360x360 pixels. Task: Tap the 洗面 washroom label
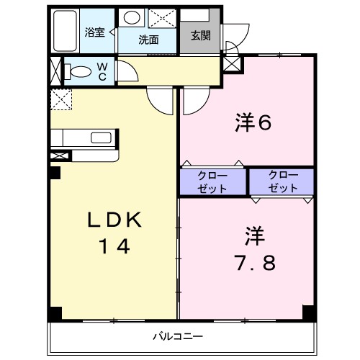[149, 40]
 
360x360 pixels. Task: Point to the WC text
[102, 71]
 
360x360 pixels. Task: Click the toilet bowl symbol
[79, 71]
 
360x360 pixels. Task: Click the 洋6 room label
[252, 123]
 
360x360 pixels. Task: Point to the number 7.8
[254, 262]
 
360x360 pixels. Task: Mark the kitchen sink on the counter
[99, 138]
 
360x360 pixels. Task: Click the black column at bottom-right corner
[310, 313]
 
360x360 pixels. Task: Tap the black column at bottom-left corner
[55, 314]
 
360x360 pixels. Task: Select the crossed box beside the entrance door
[233, 64]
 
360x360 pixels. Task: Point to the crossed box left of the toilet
[57, 72]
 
